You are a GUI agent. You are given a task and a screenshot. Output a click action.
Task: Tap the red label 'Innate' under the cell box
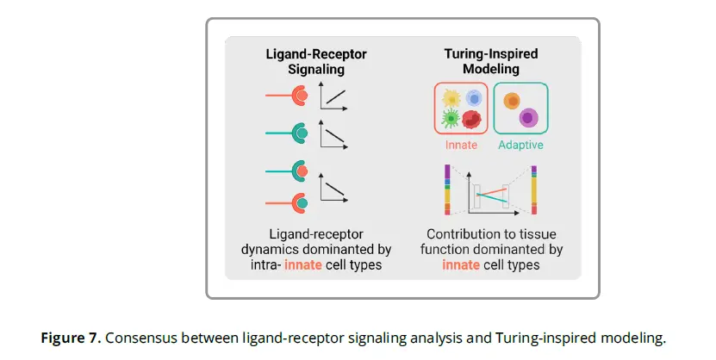point(461,145)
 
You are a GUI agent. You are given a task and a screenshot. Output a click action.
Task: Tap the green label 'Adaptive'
point(521,145)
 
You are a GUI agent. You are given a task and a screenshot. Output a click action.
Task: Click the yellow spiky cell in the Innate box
point(450,99)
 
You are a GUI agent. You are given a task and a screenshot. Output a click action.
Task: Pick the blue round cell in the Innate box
point(473,98)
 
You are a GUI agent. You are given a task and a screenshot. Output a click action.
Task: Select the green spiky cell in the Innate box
point(450,119)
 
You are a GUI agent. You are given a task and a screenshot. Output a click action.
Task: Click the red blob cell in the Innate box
point(471,119)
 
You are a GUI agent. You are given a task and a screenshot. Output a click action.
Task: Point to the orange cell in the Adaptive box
point(512,101)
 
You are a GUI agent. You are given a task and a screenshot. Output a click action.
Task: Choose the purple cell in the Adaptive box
point(529,116)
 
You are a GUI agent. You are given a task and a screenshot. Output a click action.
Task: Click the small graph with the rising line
point(334,96)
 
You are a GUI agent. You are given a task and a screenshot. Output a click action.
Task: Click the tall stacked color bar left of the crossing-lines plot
point(448,189)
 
